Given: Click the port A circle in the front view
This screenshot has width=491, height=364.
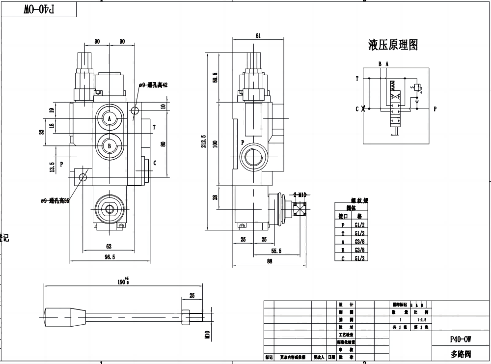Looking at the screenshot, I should (109, 118).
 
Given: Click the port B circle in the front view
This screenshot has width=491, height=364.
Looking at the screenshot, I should (109, 145).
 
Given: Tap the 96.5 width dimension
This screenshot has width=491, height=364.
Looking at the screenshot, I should (109, 256).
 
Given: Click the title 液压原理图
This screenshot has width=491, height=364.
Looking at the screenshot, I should (393, 46).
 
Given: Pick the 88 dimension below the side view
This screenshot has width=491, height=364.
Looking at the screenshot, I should (269, 261).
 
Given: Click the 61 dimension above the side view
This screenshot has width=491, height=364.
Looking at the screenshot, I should (258, 35).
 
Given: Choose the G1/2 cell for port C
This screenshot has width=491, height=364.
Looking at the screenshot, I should (359, 257).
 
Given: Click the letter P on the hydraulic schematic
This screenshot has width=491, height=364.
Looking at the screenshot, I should (435, 109).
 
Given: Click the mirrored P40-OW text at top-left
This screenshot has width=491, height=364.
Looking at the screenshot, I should (39, 9).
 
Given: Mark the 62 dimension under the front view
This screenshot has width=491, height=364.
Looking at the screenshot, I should (109, 246).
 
